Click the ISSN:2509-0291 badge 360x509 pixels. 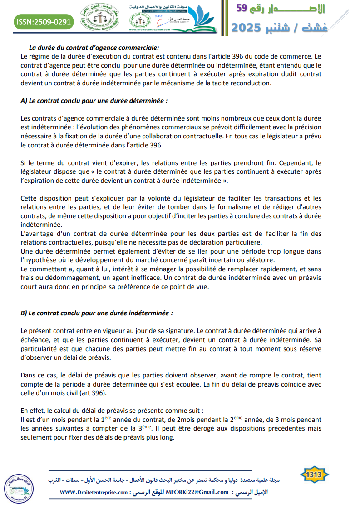(x=43, y=21)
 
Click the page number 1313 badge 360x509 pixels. (x=314, y=475)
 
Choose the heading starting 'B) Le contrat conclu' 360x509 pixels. (x=97, y=313)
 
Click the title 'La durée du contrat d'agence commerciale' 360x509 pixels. (x=94, y=47)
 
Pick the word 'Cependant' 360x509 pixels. (x=289, y=162)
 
